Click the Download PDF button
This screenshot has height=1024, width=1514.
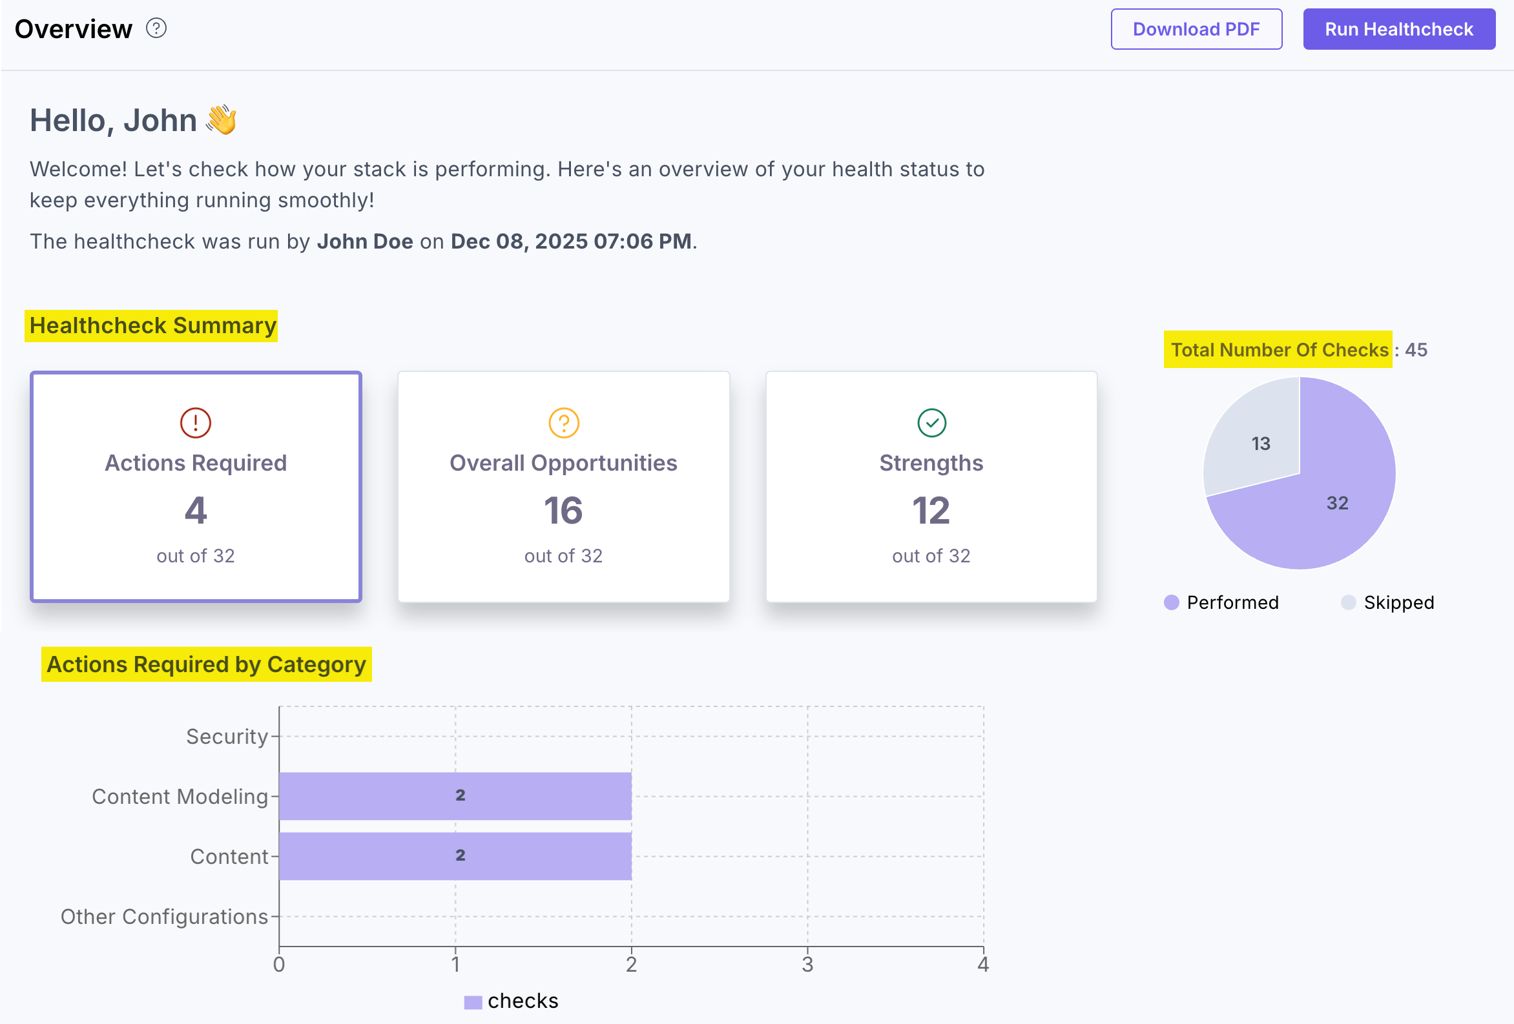click(1196, 29)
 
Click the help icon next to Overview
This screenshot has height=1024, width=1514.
click(156, 28)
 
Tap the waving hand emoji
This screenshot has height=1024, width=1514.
click(222, 120)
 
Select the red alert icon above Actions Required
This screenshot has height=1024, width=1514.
click(196, 423)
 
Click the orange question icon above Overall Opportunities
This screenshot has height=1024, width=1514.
click(563, 423)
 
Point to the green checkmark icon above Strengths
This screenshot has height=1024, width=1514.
click(931, 423)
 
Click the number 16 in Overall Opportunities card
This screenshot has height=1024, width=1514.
click(563, 510)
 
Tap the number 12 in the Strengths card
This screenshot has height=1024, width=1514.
click(931, 510)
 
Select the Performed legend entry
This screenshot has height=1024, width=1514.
click(1221, 602)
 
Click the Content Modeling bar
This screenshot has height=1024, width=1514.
click(455, 796)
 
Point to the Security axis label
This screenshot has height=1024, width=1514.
click(227, 737)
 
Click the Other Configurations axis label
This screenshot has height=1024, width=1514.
click(164, 917)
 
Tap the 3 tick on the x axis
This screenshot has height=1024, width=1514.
click(807, 965)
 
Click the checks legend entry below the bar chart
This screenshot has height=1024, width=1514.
click(512, 1001)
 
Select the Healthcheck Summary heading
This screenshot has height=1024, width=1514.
click(152, 325)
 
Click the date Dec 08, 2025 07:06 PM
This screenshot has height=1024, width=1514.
click(571, 241)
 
